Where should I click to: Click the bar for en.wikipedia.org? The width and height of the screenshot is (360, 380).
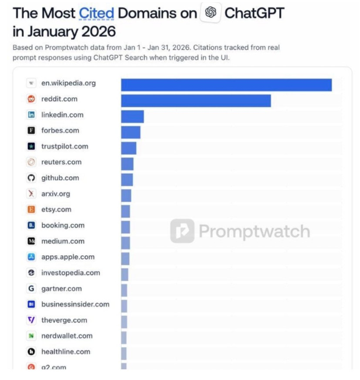(226, 84)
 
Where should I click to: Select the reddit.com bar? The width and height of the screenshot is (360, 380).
(196, 100)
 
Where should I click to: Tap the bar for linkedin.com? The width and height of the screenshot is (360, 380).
(132, 116)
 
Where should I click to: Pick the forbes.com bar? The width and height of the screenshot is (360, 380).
(131, 132)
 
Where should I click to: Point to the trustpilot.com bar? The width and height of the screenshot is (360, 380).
(128, 147)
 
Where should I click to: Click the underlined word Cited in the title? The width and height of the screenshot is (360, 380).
(96, 13)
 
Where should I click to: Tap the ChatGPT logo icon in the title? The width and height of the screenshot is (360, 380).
(210, 13)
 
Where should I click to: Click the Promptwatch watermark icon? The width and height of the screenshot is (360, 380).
(182, 231)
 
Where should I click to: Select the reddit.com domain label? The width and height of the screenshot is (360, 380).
(59, 99)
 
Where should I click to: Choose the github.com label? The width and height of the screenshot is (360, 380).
(60, 178)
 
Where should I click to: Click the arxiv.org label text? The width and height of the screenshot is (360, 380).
(55, 194)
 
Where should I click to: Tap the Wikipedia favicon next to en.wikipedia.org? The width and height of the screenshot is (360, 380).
(32, 83)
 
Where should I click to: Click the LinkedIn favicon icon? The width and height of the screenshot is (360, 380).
(32, 115)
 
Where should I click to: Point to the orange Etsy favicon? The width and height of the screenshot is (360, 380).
(32, 209)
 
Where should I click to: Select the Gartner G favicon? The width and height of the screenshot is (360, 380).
(32, 289)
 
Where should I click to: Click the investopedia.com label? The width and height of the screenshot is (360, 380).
(71, 273)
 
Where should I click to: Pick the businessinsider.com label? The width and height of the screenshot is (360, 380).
(75, 304)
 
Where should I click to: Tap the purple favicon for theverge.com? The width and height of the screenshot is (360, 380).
(32, 320)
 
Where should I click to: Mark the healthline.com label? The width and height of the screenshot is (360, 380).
(66, 352)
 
